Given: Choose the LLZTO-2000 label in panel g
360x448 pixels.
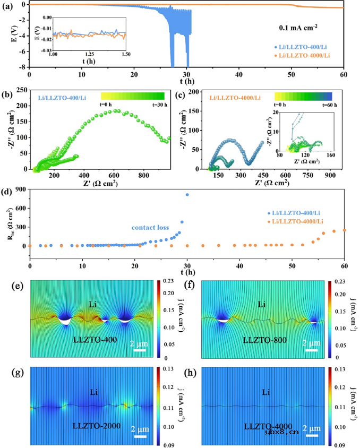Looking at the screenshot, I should coord(93,425).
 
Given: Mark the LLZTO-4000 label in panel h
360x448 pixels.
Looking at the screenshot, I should coord(268,425).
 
